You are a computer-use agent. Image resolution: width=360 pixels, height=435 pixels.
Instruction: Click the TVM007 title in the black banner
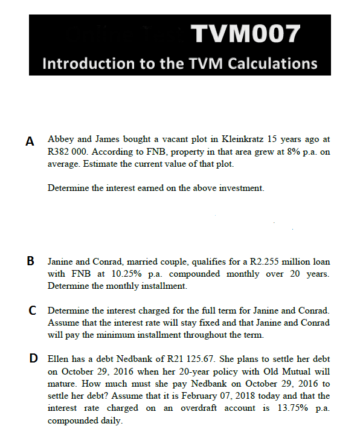[x=244, y=34]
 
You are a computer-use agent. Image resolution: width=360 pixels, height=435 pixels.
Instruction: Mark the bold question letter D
[x=35, y=359]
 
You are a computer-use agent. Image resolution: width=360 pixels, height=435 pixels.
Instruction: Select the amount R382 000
[x=68, y=152]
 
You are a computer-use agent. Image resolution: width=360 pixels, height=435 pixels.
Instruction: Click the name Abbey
[x=60, y=139]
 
